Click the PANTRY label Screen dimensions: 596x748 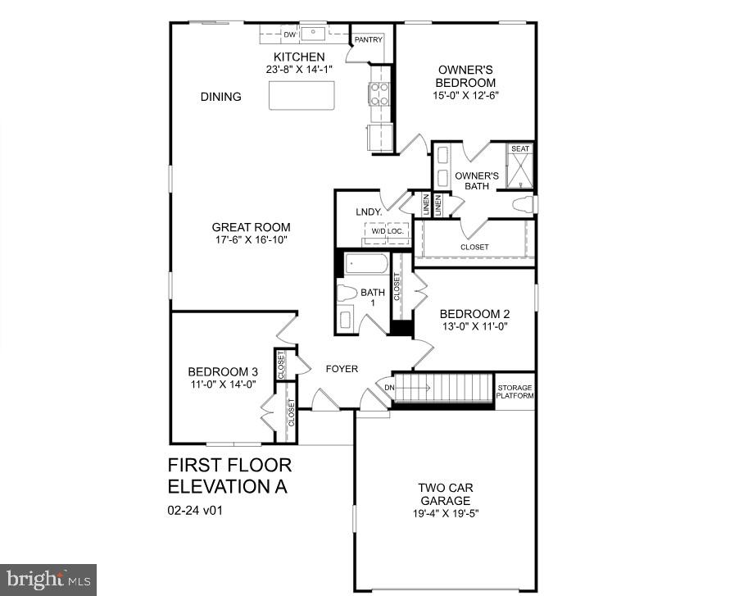[x=368, y=39]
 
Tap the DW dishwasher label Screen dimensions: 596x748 [x=289, y=35]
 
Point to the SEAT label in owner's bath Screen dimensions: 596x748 [x=520, y=149]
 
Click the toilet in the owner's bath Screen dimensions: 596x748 [x=524, y=204]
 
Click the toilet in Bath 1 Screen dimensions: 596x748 [x=347, y=293]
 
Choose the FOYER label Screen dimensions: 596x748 [x=342, y=369]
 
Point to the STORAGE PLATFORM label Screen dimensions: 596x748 [x=515, y=392]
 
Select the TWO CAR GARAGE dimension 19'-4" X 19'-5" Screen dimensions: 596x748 [x=446, y=513]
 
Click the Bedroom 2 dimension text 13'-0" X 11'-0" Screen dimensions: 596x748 [x=474, y=326]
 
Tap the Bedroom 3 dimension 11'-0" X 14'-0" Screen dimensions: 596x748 [x=223, y=384]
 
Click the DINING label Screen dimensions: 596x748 [x=221, y=97]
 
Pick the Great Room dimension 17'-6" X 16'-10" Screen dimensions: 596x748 [x=251, y=239]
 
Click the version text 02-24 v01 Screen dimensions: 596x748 [x=196, y=510]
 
